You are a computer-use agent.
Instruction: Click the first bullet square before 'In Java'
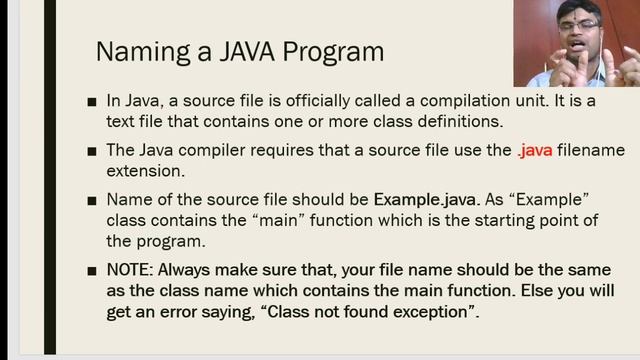(92, 102)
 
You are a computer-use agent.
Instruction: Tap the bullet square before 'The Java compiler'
(92, 151)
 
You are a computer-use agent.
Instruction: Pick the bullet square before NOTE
(92, 271)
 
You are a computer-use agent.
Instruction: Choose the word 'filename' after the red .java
(595, 150)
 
